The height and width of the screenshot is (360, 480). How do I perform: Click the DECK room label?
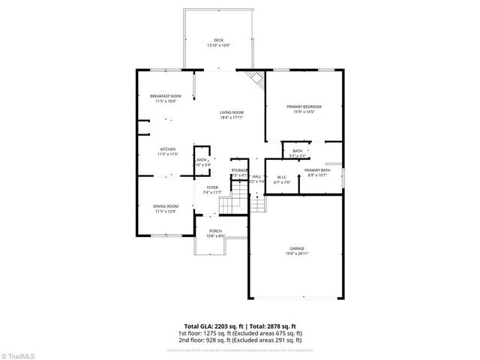[x=218, y=40]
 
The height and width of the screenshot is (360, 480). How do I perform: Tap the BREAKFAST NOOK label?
[x=166, y=96]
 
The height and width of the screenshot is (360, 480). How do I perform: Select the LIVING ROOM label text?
[x=232, y=112]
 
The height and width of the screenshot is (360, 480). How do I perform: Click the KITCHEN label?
[x=167, y=149]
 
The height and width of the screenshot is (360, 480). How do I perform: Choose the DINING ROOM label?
[x=166, y=206]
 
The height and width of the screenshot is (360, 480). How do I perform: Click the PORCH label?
[x=215, y=231]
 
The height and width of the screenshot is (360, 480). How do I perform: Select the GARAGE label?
[x=298, y=248]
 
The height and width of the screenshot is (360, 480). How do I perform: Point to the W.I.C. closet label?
[x=282, y=177]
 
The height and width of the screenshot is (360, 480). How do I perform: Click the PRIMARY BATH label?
[x=317, y=170]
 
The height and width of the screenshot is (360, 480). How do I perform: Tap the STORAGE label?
[x=239, y=171]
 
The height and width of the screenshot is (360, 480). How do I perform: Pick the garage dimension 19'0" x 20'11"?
[x=298, y=253]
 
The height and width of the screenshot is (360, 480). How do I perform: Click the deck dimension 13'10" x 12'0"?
[x=218, y=46]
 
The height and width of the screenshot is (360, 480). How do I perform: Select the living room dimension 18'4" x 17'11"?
[x=232, y=118]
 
